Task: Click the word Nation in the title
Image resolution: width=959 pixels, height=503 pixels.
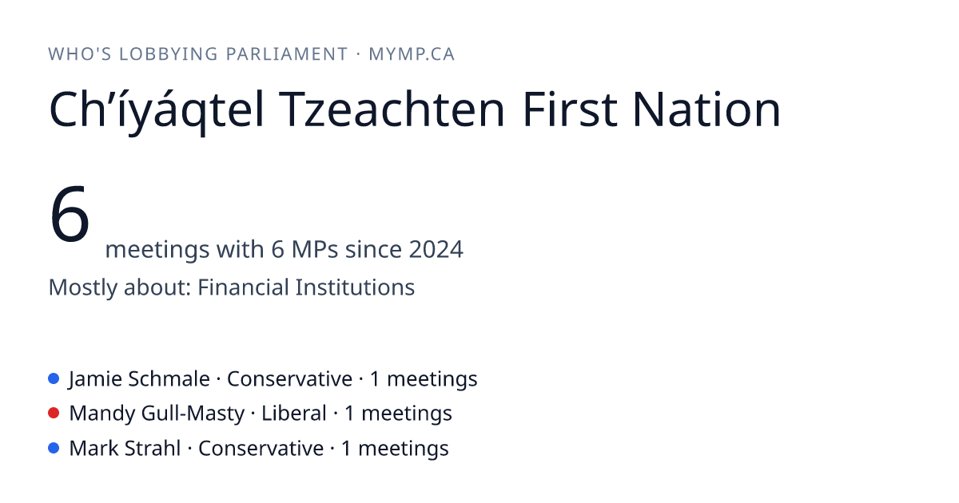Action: pyautogui.click(x=706, y=109)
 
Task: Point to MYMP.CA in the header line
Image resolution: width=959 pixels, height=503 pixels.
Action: pyautogui.click(x=412, y=54)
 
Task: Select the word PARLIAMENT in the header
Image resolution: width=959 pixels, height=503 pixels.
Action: pyautogui.click(x=286, y=54)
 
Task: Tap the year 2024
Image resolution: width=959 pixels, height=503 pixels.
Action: pyautogui.click(x=436, y=249)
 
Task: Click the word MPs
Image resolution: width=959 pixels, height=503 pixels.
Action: pyautogui.click(x=315, y=249)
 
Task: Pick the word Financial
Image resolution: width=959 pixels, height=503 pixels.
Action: pyautogui.click(x=243, y=287)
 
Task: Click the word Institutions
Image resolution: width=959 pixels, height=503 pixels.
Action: pyautogui.click(x=355, y=287)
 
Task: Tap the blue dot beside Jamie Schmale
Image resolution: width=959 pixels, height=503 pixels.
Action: pyautogui.click(x=54, y=378)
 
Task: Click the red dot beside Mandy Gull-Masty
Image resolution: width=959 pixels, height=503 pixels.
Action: pyautogui.click(x=54, y=414)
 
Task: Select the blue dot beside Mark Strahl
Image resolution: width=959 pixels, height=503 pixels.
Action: pyautogui.click(x=54, y=448)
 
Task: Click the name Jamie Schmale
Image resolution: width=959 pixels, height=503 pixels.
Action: pyautogui.click(x=140, y=379)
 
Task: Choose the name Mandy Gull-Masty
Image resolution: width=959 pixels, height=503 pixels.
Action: pyautogui.click(x=157, y=414)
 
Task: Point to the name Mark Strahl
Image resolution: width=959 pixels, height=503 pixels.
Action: pyautogui.click(x=125, y=448)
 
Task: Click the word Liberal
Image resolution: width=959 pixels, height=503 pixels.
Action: pyautogui.click(x=294, y=414)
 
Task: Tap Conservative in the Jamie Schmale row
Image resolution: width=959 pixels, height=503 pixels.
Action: pyautogui.click(x=290, y=379)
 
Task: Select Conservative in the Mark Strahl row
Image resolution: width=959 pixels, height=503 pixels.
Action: pyautogui.click(x=261, y=448)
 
